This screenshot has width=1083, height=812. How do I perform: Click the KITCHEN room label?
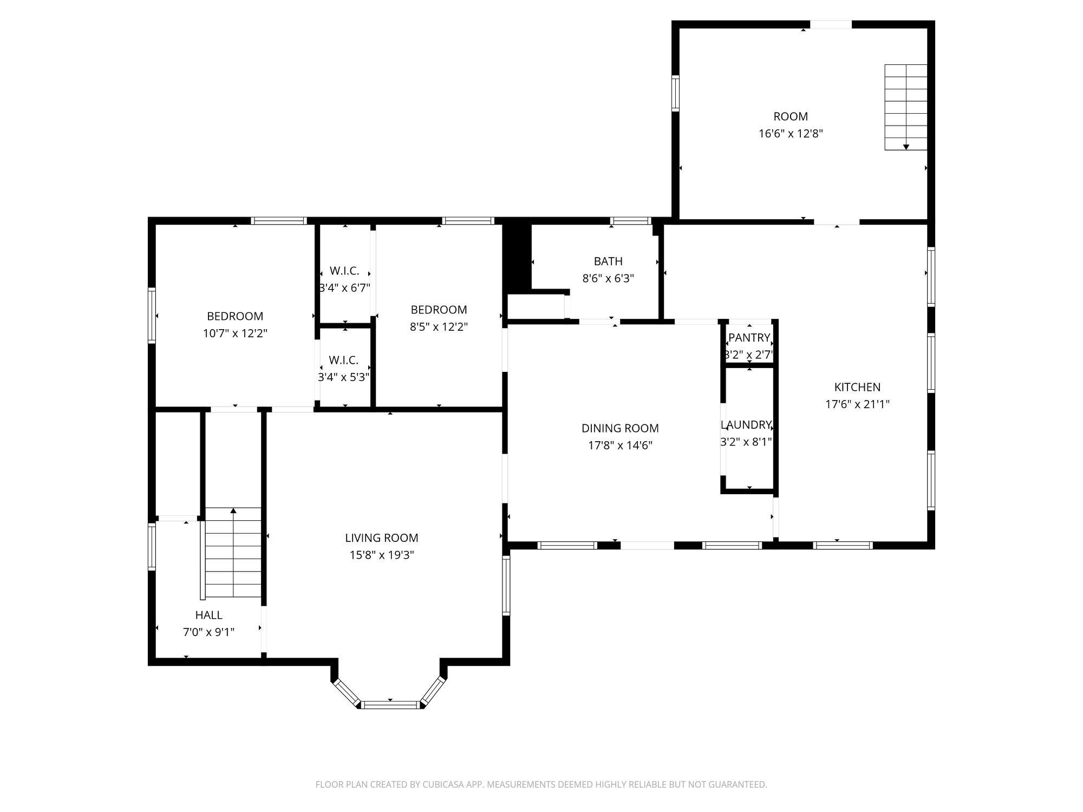(857, 387)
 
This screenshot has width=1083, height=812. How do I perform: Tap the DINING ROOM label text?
(620, 428)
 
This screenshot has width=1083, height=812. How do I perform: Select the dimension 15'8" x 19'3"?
(382, 555)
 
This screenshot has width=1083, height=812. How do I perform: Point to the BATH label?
(608, 261)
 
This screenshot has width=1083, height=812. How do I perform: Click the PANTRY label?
(749, 338)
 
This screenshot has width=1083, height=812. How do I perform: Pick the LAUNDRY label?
(746, 425)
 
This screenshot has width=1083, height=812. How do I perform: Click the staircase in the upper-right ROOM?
(906, 107)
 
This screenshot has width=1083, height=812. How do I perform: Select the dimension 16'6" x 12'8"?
(791, 134)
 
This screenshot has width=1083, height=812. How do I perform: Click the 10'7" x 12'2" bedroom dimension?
(235, 333)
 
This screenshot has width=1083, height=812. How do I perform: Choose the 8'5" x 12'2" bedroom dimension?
(439, 327)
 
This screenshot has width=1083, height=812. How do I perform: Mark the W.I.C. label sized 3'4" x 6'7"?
(344, 271)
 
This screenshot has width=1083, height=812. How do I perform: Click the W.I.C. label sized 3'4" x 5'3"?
(343, 360)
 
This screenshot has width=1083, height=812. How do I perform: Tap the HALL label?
(208, 615)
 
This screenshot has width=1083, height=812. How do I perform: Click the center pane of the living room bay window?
(390, 704)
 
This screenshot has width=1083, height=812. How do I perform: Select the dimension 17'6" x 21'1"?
(857, 404)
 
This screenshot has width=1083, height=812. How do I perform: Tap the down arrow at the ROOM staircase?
(906, 147)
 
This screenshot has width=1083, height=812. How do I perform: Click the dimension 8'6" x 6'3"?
(608, 279)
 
